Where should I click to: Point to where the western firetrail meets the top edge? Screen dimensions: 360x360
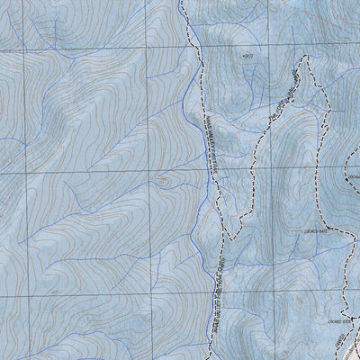pyautogui.click(x=180, y=2)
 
